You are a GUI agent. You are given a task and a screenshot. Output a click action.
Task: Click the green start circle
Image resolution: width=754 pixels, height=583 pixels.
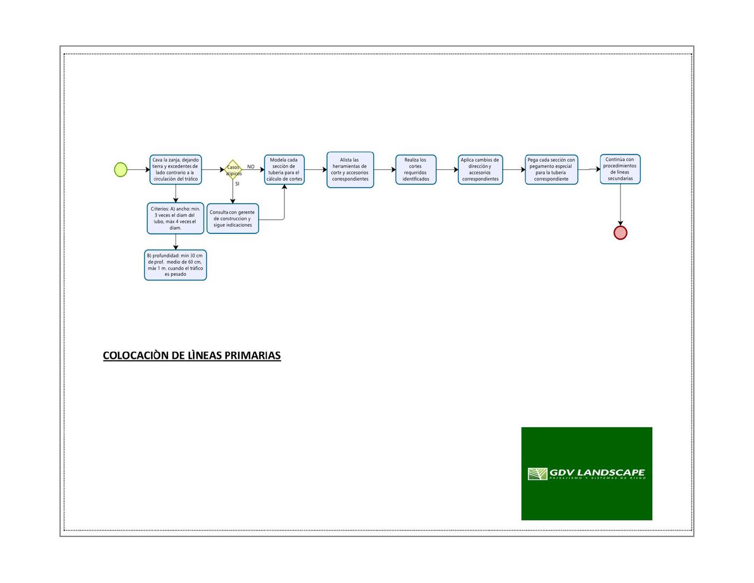[x=121, y=170]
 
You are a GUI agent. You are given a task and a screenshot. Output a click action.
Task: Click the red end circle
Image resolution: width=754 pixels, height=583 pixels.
[x=620, y=233]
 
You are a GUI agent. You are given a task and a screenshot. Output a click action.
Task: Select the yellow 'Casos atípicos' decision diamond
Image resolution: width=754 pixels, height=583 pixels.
[x=233, y=170]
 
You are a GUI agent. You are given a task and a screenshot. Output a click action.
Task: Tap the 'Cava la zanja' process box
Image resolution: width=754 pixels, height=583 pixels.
[x=176, y=169]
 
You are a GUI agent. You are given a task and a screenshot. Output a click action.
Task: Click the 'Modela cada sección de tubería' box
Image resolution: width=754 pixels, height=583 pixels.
[x=284, y=169]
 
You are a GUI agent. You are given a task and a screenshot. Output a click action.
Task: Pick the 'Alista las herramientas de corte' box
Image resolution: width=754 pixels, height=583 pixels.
[x=350, y=170]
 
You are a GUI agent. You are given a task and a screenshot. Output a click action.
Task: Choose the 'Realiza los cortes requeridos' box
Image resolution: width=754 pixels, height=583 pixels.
[x=416, y=170]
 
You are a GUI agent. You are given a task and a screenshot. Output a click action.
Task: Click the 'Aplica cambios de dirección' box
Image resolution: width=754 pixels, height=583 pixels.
[x=480, y=170]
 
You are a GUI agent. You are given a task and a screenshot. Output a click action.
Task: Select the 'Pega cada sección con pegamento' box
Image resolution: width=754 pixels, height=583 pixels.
[x=551, y=170]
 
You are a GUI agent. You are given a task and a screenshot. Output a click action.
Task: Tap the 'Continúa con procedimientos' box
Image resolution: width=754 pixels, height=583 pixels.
[x=620, y=169]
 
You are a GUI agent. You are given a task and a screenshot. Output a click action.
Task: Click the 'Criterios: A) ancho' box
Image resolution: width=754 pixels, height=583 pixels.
[x=176, y=218]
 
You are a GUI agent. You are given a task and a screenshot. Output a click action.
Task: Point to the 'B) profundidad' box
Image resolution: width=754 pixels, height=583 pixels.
[x=176, y=265]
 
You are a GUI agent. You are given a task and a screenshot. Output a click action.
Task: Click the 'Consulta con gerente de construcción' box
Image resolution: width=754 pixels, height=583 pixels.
[x=233, y=218]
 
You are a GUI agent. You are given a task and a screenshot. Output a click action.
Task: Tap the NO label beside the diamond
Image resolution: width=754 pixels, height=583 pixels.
[x=251, y=166]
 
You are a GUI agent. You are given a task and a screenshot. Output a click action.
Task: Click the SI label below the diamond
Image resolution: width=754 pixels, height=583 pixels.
[x=237, y=184]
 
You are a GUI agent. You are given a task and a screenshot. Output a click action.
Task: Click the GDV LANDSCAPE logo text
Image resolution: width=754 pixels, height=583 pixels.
[x=597, y=473]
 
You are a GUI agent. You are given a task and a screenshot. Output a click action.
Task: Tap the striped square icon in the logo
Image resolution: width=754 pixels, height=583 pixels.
[x=537, y=474]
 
